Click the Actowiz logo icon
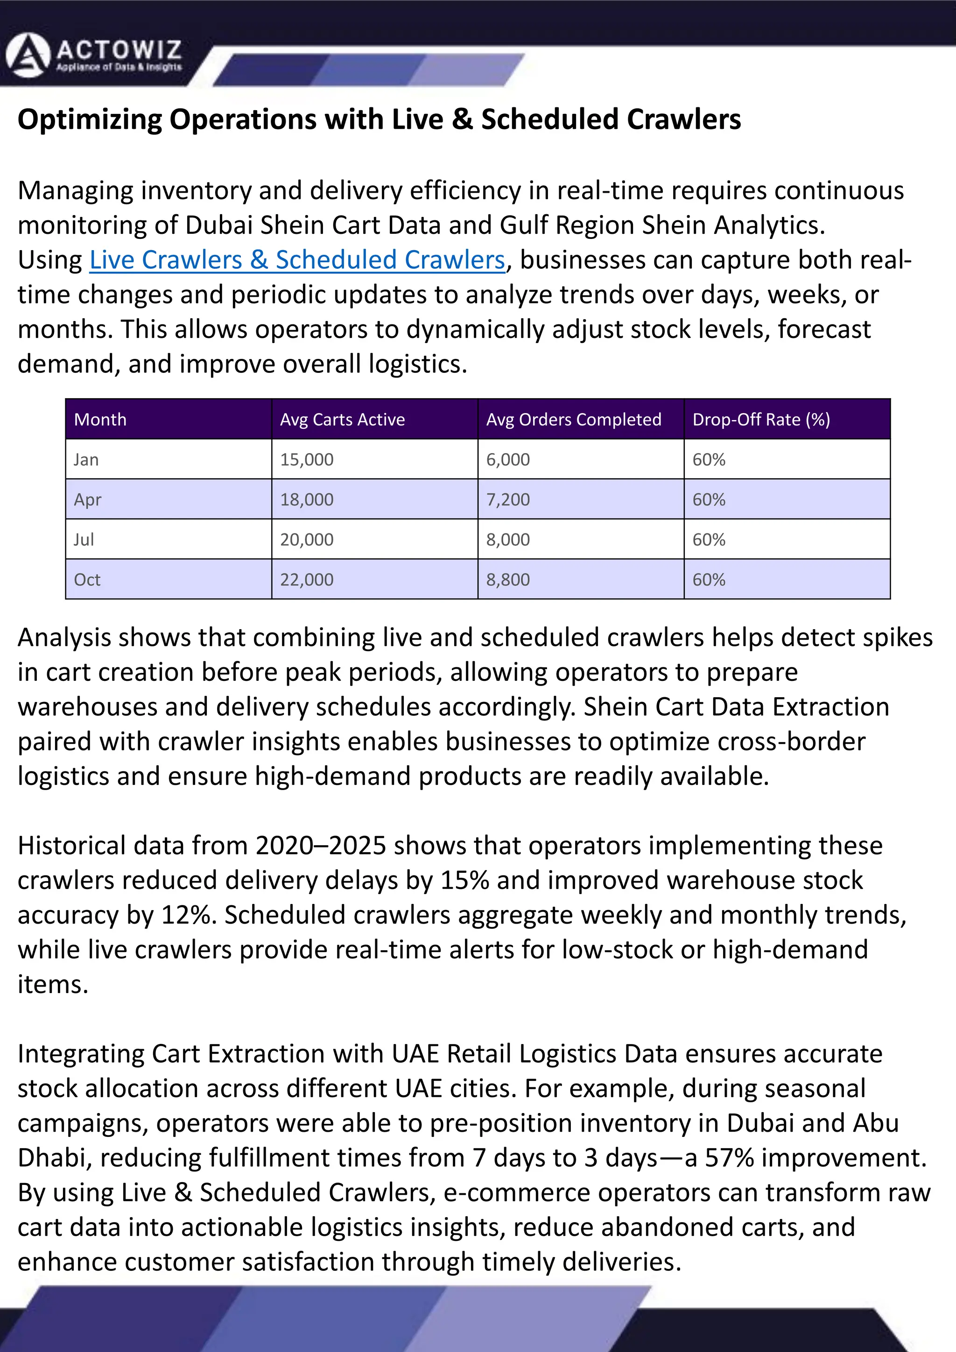[x=28, y=56]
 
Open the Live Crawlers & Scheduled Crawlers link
[x=297, y=259]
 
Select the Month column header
[x=100, y=419]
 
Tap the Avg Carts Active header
[x=342, y=419]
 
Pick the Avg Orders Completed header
[x=573, y=419]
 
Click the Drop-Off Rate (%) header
[x=761, y=419]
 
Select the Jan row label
[x=86, y=459]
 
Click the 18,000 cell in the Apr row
[x=306, y=499]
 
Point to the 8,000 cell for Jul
[x=508, y=539]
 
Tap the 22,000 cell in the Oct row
[x=306, y=580]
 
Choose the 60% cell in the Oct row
[x=709, y=580]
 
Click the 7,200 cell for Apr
[x=508, y=499]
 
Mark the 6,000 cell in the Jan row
[x=508, y=459]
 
